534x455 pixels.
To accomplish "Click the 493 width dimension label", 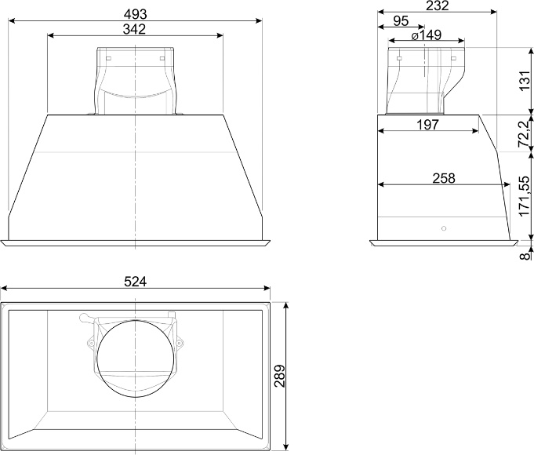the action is click(135, 14).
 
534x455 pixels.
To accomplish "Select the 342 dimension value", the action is click(134, 29).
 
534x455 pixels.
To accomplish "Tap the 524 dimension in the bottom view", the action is click(135, 282).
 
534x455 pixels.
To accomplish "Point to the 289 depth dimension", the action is click(279, 376).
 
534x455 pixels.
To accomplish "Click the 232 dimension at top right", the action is click(438, 5).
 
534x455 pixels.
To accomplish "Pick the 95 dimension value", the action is click(401, 21).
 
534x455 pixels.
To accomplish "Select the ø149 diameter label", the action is click(426, 35).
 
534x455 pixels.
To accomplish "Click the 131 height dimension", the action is click(525, 81).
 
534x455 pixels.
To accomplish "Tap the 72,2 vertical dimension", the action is click(525, 133).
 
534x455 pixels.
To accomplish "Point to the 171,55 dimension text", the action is click(525, 196).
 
